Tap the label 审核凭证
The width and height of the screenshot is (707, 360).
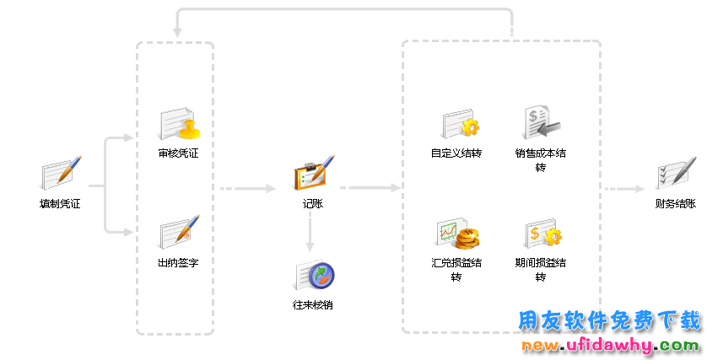(178, 153)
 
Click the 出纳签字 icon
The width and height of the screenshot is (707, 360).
(179, 233)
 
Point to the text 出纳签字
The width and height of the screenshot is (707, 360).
(178, 263)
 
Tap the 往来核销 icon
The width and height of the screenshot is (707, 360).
(314, 276)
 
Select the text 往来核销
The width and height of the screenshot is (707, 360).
(313, 304)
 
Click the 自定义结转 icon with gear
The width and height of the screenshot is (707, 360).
(460, 125)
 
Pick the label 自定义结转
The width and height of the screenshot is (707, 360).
(456, 153)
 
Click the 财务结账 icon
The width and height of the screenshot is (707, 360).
(676, 174)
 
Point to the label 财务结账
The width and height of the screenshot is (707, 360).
(676, 203)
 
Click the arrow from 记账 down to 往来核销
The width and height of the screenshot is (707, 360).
(310, 232)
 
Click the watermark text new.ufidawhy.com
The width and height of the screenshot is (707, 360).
(610, 346)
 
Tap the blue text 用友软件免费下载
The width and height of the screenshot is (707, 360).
(608, 321)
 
